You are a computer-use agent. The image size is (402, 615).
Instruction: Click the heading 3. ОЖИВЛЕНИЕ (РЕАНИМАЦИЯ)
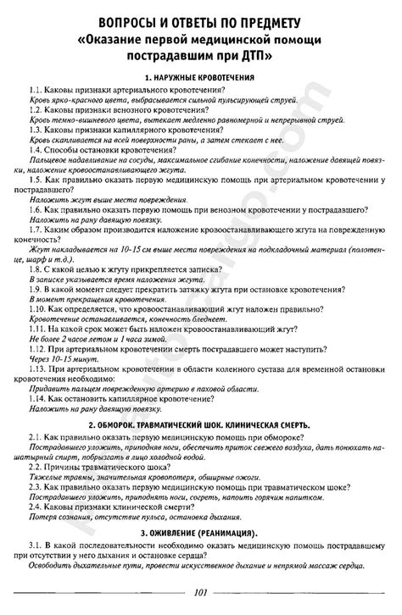pos(200,531)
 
